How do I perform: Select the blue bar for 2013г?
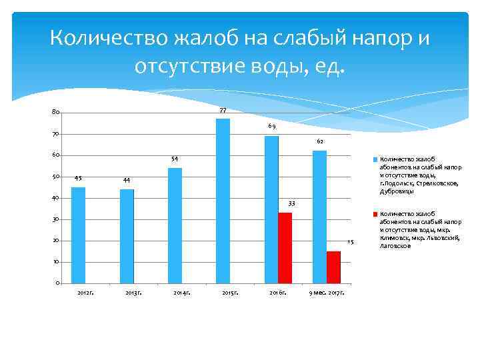[127, 236]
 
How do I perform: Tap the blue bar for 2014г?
[175, 225]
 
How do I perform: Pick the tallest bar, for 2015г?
[223, 201]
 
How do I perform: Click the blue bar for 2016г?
[271, 209]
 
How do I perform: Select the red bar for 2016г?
[285, 247]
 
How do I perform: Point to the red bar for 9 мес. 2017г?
[333, 267]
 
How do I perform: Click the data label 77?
[223, 111]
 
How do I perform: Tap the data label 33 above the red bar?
[291, 203]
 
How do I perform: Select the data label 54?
[175, 159]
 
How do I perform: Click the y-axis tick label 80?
[56, 112]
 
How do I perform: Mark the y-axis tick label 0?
[58, 283]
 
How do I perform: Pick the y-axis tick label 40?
[56, 198]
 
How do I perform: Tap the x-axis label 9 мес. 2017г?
[327, 293]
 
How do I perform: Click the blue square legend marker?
[375, 160]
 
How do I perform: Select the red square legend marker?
[375, 215]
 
